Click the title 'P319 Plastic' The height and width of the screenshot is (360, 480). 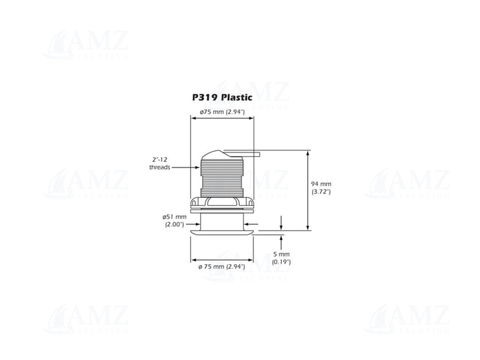[221, 97]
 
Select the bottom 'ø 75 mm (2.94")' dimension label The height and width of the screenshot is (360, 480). [221, 266]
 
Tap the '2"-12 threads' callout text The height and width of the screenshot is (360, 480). [160, 163]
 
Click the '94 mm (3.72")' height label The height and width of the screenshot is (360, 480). [322, 188]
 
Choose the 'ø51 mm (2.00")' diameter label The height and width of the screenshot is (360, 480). [174, 220]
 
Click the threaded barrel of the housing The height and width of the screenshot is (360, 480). [221, 177]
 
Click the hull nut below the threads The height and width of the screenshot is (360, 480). [221, 204]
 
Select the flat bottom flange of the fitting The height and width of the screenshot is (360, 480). [221, 230]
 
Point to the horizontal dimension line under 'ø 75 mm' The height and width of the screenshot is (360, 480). [221, 259]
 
